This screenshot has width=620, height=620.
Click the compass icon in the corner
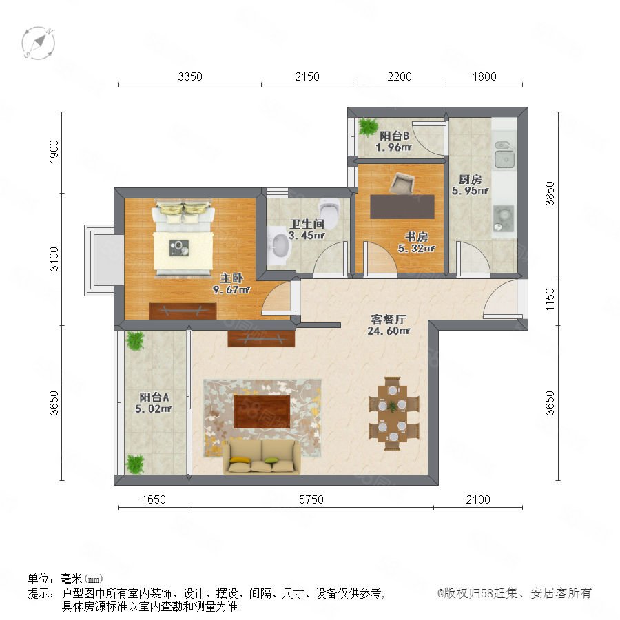pos(39,43)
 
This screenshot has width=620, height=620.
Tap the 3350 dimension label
pos(190,76)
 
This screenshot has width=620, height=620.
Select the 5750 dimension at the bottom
pos(311,499)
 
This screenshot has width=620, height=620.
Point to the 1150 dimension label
pos(550,300)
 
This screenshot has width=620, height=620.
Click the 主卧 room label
pos(231,278)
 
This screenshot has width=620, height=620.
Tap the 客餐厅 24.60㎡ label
pos(389,325)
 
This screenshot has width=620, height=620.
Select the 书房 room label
pos(416,237)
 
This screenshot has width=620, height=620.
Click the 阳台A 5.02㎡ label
pos(154,402)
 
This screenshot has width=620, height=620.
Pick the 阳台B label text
pos(394,136)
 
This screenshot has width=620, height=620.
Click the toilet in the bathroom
pos(329,212)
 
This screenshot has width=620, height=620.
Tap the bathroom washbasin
pos(280,245)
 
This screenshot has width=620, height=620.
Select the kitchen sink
pos(504,154)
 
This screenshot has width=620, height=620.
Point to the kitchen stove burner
pos(504,218)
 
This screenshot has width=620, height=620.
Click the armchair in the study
pos(402,183)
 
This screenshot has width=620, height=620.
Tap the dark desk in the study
pos(402,207)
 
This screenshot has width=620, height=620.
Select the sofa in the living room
pos(261,457)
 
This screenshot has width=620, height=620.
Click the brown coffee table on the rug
pos(262,411)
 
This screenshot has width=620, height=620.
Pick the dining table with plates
pos(392,413)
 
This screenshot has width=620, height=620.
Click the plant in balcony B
pos(369,127)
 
